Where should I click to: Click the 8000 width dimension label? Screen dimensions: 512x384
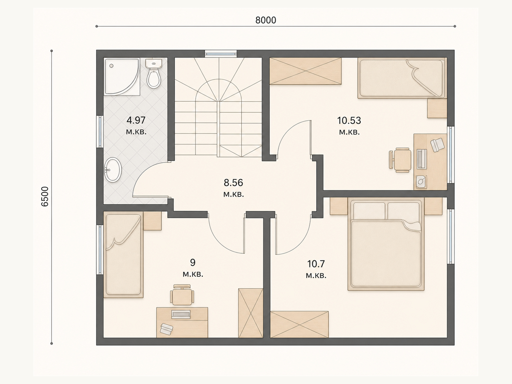[266, 20]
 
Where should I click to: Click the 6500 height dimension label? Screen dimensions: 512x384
[44, 196]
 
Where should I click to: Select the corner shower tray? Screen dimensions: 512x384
[122, 77]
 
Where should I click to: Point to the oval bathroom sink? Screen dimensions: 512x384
[113, 170]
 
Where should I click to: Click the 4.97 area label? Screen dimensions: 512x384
[136, 120]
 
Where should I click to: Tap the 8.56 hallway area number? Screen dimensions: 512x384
[234, 182]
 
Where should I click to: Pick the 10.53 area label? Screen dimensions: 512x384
[349, 121]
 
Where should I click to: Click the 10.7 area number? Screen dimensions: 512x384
[316, 264]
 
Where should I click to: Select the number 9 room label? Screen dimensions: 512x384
[193, 262]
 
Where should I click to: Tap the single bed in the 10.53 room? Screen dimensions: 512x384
[401, 78]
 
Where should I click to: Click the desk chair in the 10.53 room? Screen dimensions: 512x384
[400, 160]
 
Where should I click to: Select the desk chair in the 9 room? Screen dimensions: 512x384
[182, 295]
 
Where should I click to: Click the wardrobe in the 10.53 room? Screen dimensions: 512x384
[306, 71]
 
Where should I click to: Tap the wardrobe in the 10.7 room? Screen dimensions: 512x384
[299, 324]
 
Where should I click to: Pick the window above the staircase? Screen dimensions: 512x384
[221, 54]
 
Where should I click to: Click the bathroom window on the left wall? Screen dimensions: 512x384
[100, 132]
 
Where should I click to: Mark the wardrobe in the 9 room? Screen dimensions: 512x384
[251, 313]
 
